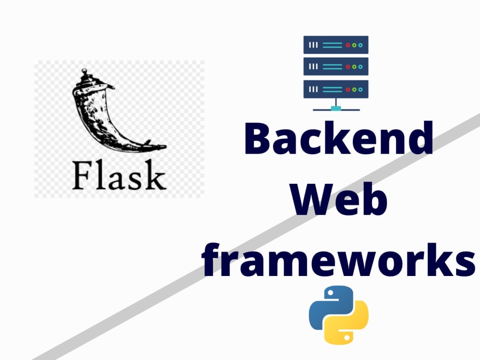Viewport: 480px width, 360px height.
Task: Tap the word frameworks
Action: (x=338, y=260)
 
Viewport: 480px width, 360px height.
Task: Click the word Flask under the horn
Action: (x=120, y=175)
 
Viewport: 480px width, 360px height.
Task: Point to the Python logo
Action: (x=338, y=315)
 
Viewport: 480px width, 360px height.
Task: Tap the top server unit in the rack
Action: (x=336, y=45)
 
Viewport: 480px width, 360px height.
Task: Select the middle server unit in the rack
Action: (x=336, y=66)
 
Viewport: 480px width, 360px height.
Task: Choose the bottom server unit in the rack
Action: (x=336, y=89)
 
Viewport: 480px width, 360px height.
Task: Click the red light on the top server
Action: (x=348, y=45)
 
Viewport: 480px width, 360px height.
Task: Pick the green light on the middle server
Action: (x=354, y=67)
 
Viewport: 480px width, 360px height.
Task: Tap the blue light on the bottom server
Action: (x=360, y=89)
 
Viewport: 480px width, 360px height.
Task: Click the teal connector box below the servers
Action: (x=336, y=108)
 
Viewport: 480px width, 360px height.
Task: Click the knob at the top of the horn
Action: (x=84, y=72)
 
